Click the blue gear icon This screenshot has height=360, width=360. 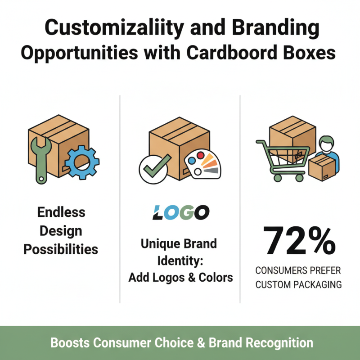click(81, 162)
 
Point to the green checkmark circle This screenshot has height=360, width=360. click(154, 169)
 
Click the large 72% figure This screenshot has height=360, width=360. click(297, 241)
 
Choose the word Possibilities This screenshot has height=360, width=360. click(61, 249)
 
